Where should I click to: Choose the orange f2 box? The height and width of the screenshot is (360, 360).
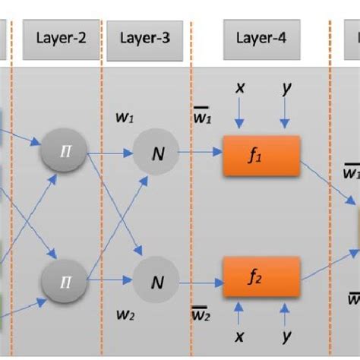click(x=261, y=279)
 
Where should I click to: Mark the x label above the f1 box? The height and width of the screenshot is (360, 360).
click(x=240, y=88)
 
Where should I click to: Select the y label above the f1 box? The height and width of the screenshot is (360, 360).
click(x=286, y=88)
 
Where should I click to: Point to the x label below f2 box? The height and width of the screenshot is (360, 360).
click(x=240, y=334)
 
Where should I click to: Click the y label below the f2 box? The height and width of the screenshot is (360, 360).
click(x=286, y=334)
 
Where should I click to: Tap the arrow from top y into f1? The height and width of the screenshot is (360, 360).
click(x=286, y=116)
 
